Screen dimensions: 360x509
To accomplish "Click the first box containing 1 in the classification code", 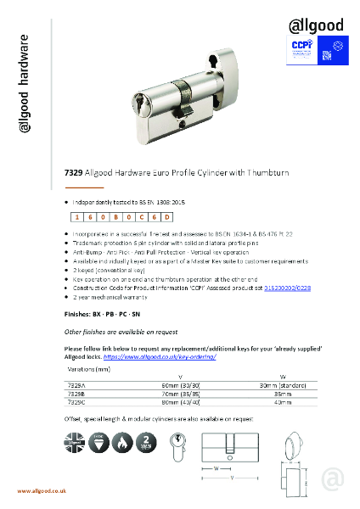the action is click(x=78, y=218).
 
